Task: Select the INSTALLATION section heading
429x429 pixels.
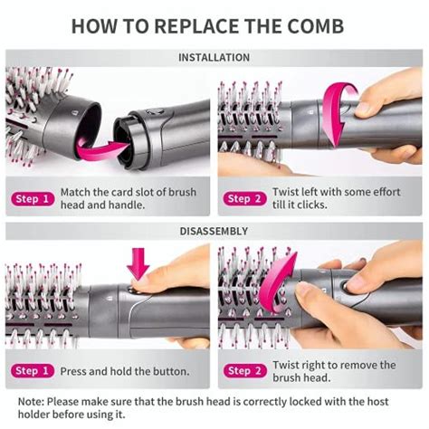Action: pyautogui.click(x=214, y=58)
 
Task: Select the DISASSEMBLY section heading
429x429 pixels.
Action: pyautogui.click(x=214, y=231)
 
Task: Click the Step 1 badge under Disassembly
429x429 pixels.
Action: pyautogui.click(x=31, y=371)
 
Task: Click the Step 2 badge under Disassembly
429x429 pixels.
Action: pyautogui.click(x=244, y=371)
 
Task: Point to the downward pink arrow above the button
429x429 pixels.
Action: pyautogui.click(x=138, y=264)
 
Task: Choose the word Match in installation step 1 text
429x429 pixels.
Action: pyautogui.click(x=78, y=193)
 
